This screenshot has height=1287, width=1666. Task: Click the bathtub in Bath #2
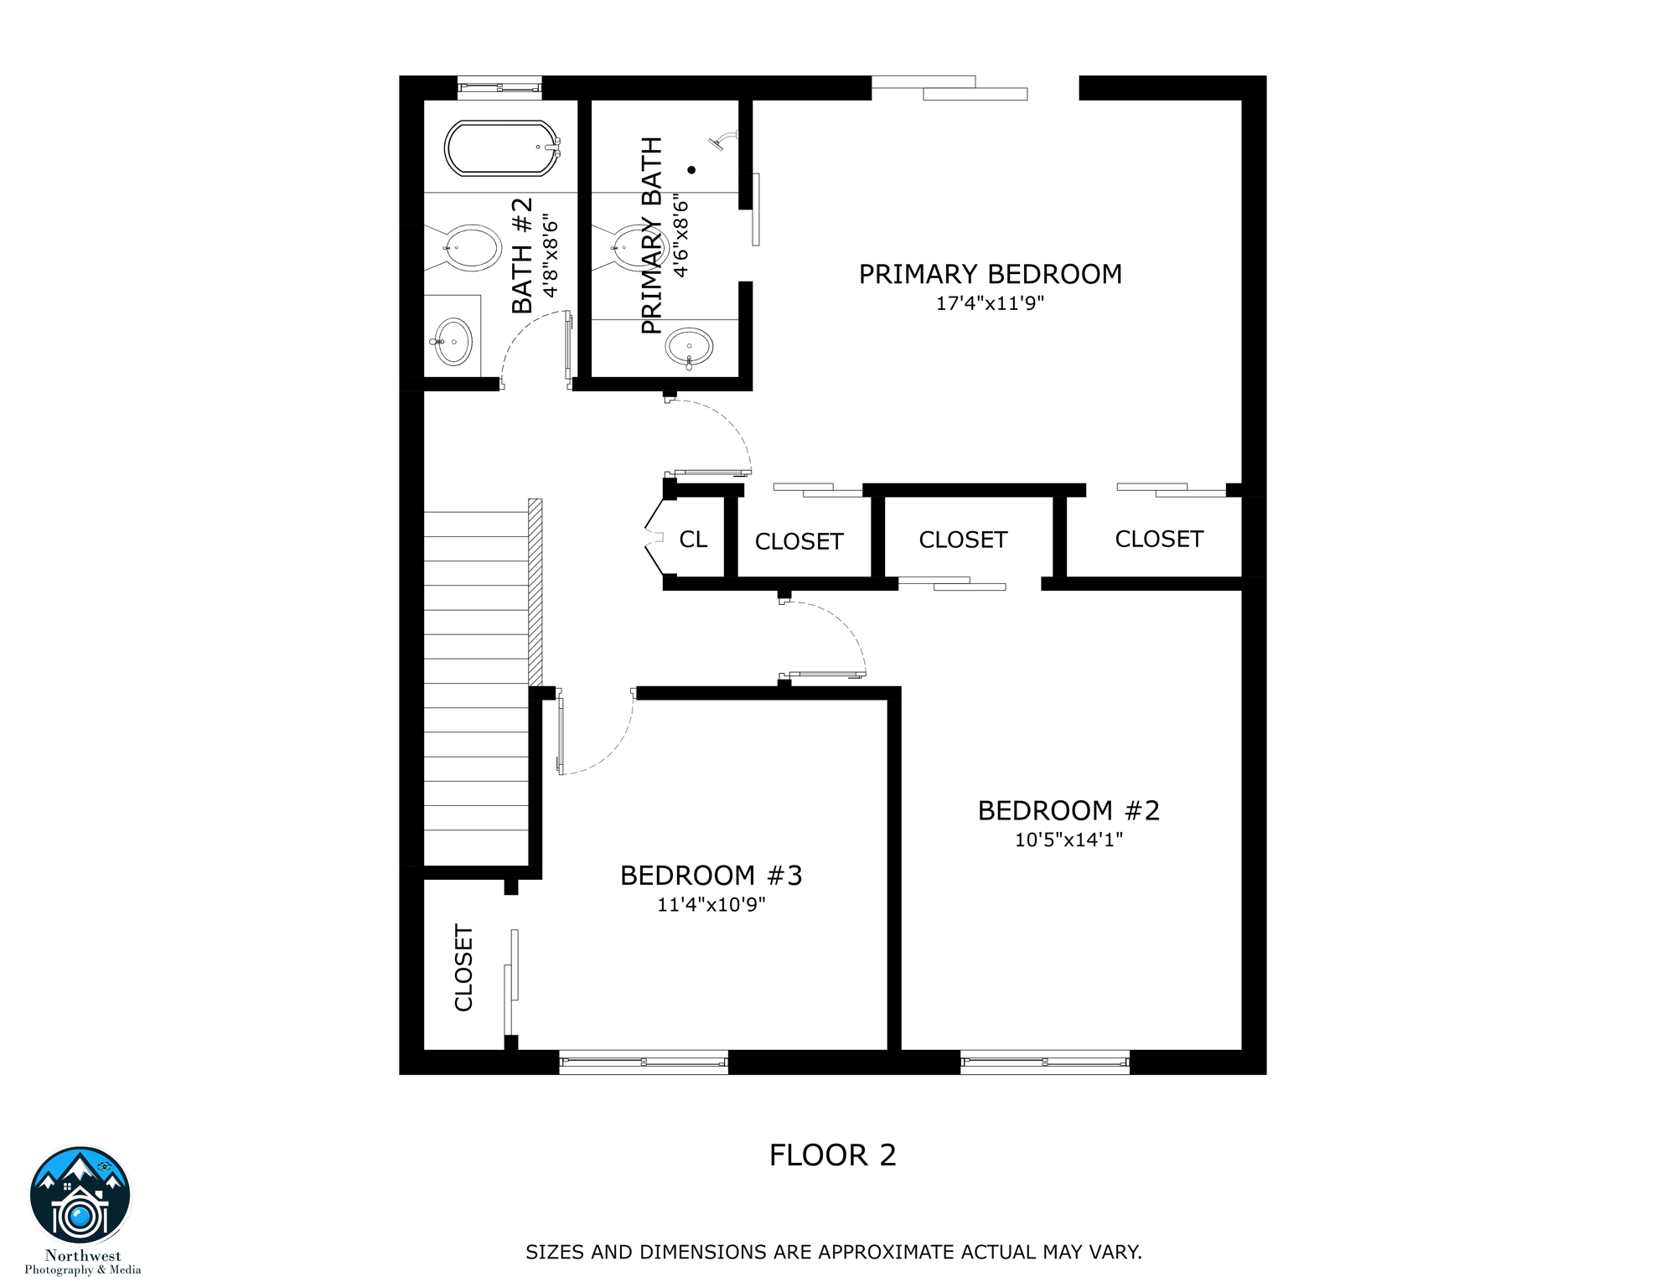pyautogui.click(x=501, y=148)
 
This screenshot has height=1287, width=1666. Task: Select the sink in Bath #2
pyautogui.click(x=453, y=342)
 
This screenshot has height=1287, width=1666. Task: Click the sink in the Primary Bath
pyautogui.click(x=689, y=346)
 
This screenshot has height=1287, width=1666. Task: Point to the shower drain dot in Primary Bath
pyautogui.click(x=691, y=170)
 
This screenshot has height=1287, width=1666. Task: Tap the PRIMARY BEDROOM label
pyautogui.click(x=990, y=275)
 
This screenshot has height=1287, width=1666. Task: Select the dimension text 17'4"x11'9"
pyautogui.click(x=990, y=303)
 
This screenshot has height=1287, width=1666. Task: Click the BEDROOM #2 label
pyautogui.click(x=1068, y=811)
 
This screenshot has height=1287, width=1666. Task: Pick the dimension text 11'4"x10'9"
pyautogui.click(x=711, y=905)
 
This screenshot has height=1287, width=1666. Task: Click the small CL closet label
pyautogui.click(x=693, y=540)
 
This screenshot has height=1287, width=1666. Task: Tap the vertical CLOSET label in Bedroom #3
pyautogui.click(x=463, y=968)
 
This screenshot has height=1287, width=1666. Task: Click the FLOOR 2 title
pyautogui.click(x=832, y=1155)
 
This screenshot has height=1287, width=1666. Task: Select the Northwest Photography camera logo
pyautogui.click(x=80, y=1196)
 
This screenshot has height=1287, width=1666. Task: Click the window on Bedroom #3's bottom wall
pyautogui.click(x=643, y=1062)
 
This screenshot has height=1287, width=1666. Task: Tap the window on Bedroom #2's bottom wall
pyautogui.click(x=1044, y=1062)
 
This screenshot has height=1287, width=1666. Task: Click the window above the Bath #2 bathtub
pyautogui.click(x=499, y=87)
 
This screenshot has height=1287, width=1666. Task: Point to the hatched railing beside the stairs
pyautogui.click(x=535, y=592)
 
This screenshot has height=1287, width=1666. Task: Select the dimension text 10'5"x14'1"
pyautogui.click(x=1068, y=840)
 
